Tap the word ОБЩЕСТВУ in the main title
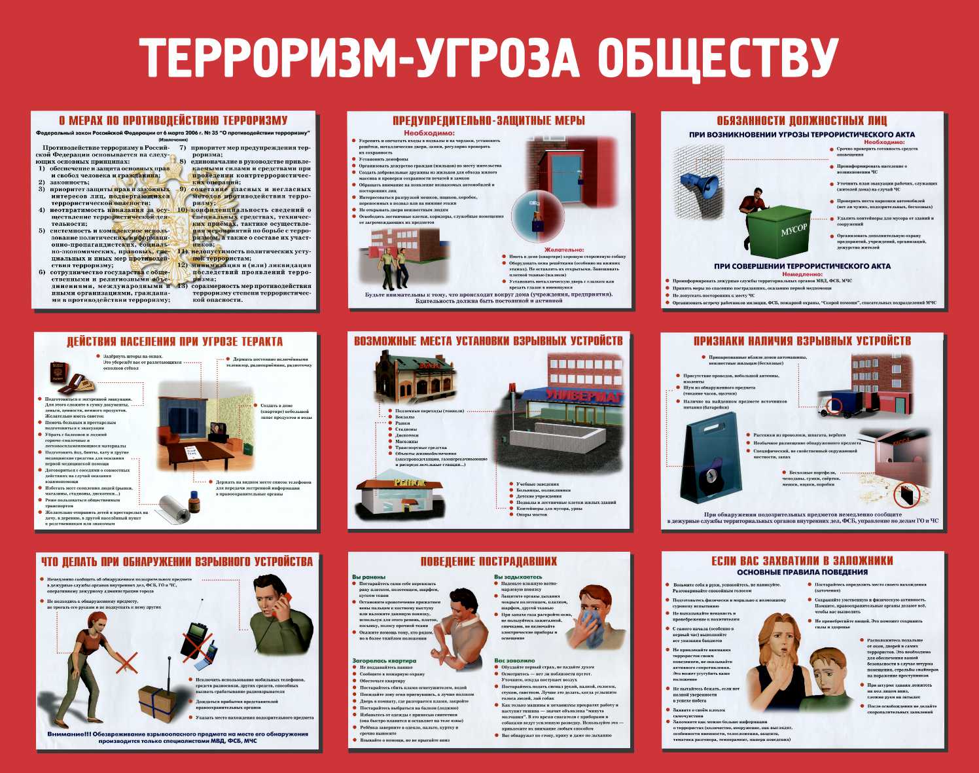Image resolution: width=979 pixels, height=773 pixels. pyautogui.click(x=718, y=57)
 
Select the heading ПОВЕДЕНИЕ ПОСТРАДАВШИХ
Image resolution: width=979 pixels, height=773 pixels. pyautogui.click(x=488, y=561)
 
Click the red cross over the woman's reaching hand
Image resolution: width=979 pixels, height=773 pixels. pyautogui.click(x=126, y=662)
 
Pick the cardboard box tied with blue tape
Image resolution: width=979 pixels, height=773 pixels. pyautogui.click(x=160, y=703)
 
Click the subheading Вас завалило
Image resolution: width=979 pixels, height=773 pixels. pyautogui.click(x=514, y=660)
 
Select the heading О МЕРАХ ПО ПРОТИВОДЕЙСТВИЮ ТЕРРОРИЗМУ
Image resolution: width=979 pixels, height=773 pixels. pyautogui.click(x=173, y=120)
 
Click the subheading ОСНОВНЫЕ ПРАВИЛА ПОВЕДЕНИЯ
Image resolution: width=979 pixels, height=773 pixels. pyautogui.click(x=802, y=572)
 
